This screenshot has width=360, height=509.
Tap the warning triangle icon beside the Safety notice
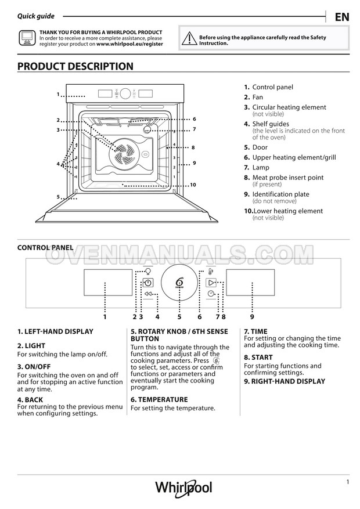point(189,39)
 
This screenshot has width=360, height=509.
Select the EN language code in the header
point(342,17)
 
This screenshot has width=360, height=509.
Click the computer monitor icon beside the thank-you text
point(27,38)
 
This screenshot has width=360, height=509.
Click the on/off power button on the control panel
point(147,283)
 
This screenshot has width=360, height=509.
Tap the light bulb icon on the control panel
point(148,271)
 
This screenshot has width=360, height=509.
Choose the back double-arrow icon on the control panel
point(148,294)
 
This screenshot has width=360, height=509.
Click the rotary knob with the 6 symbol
point(179,283)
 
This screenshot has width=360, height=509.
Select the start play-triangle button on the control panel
point(211,283)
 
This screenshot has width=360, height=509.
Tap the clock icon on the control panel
point(211,294)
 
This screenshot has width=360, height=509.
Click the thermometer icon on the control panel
point(211,271)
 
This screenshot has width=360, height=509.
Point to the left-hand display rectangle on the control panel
point(108,283)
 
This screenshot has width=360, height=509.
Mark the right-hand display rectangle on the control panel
point(250,283)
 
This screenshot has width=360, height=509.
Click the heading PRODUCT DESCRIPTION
point(75,66)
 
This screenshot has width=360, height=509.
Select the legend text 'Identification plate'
point(281,194)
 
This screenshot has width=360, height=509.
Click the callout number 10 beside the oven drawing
point(193,185)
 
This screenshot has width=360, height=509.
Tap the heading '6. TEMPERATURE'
point(159,400)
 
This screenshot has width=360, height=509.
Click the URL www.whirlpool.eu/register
point(129,44)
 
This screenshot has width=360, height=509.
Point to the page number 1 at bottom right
point(348,482)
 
